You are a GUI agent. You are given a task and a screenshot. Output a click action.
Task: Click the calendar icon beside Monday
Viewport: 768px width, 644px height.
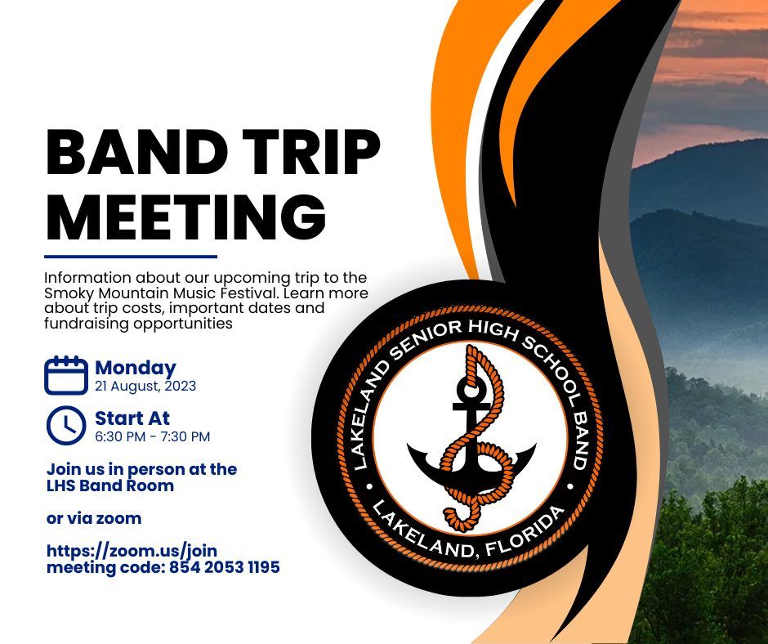tap(66, 375)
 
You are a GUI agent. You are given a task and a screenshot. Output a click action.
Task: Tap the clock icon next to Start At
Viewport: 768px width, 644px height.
tap(66, 426)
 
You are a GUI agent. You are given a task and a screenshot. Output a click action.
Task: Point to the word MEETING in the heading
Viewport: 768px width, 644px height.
tap(186, 216)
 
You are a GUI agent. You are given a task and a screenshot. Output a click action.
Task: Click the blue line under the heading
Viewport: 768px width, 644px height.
tap(131, 257)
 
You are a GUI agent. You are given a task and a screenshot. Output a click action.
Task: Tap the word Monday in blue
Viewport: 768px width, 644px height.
tap(135, 369)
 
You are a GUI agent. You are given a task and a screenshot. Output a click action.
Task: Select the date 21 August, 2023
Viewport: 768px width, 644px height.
tap(145, 387)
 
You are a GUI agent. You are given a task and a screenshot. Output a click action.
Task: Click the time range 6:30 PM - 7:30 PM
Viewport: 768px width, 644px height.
tap(152, 436)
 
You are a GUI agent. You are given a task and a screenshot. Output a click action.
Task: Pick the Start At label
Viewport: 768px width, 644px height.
tap(132, 418)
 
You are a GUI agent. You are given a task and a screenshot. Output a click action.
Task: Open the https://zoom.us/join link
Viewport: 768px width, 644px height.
tap(132, 552)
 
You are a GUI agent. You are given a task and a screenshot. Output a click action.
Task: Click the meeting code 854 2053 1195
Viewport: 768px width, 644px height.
tap(225, 567)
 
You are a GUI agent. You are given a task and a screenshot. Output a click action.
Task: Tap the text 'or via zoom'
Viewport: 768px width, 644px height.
tap(94, 518)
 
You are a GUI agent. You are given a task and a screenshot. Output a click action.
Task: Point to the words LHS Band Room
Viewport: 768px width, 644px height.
tap(110, 485)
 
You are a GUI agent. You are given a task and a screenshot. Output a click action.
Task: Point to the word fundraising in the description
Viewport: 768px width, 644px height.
tap(87, 324)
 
